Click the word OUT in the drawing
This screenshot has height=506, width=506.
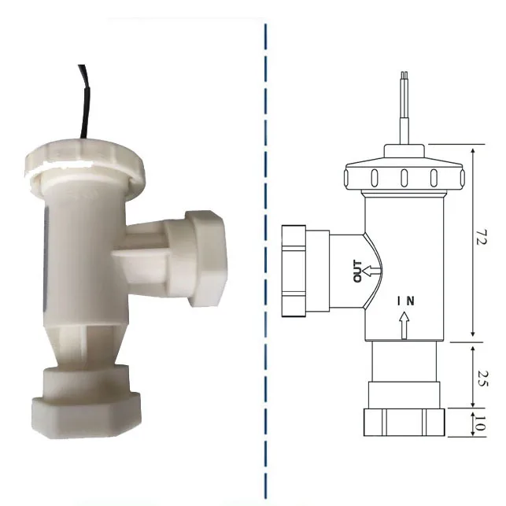(359, 271)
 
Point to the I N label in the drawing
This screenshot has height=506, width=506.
(404, 301)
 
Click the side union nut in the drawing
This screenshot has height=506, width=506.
(295, 270)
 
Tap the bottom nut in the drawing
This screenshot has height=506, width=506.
(403, 422)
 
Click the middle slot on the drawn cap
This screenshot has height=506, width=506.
(402, 176)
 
